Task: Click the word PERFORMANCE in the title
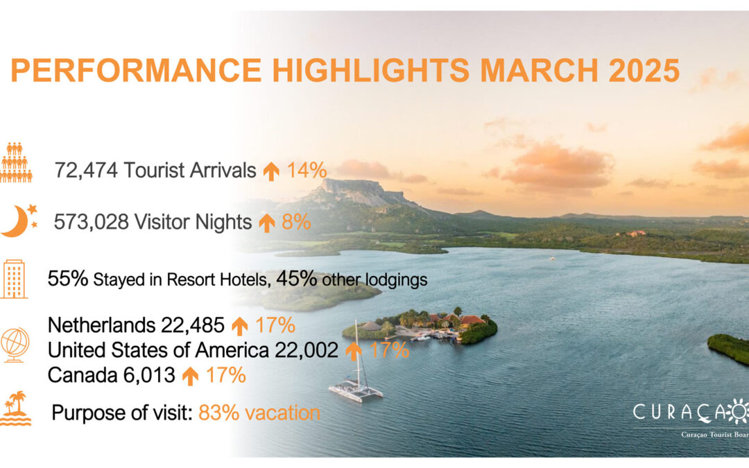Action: pos(136,70)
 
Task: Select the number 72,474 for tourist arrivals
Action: pos(86,170)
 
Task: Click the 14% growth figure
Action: pos(307,170)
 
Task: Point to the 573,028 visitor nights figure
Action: pos(92,222)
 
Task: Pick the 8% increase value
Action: pos(296,222)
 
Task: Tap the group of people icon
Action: pos(16,162)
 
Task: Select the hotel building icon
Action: pos(15,279)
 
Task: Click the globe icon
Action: pos(15,345)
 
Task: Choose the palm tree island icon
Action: pos(16,408)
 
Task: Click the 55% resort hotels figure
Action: pos(68,279)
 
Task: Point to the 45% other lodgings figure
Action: pos(296,279)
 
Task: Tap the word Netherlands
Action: pos(102,325)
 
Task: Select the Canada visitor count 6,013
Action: pos(149,375)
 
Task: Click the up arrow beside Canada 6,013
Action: pos(190,376)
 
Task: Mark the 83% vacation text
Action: pos(259,413)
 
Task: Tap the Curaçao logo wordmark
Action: pos(691,412)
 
